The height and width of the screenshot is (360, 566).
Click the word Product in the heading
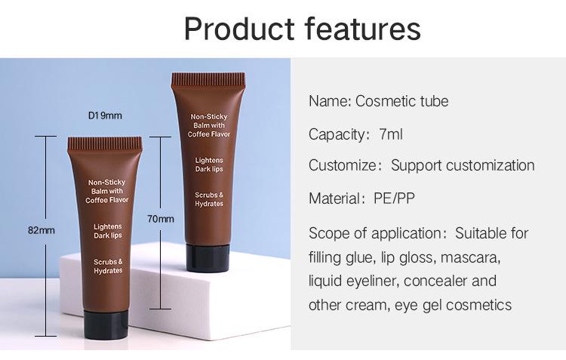pos(239,29)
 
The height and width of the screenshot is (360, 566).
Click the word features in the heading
pos(363,29)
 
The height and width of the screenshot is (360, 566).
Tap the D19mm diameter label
pos(105,115)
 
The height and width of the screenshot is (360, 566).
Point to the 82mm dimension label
pos(42,230)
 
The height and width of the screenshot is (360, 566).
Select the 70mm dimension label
pos(161,219)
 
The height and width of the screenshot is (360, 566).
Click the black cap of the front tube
pos(106,325)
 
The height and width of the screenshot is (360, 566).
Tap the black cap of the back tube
pos(208,257)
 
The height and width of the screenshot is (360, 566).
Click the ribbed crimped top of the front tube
pos(105,143)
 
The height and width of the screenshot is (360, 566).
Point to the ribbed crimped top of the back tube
pos(208,80)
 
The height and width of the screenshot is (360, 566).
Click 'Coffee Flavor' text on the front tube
pos(107,200)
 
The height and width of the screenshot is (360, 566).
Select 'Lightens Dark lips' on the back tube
pos(209,165)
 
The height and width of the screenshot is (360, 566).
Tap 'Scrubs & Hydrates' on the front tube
pos(108,266)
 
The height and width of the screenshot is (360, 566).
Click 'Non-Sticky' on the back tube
pos(209,117)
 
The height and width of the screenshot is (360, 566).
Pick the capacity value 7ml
pos(391,134)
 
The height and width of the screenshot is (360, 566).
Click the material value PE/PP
pos(394,198)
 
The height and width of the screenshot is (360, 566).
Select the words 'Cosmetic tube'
pos(401,101)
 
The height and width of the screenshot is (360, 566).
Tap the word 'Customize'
pos(342,165)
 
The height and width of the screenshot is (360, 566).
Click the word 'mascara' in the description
pos(470,258)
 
